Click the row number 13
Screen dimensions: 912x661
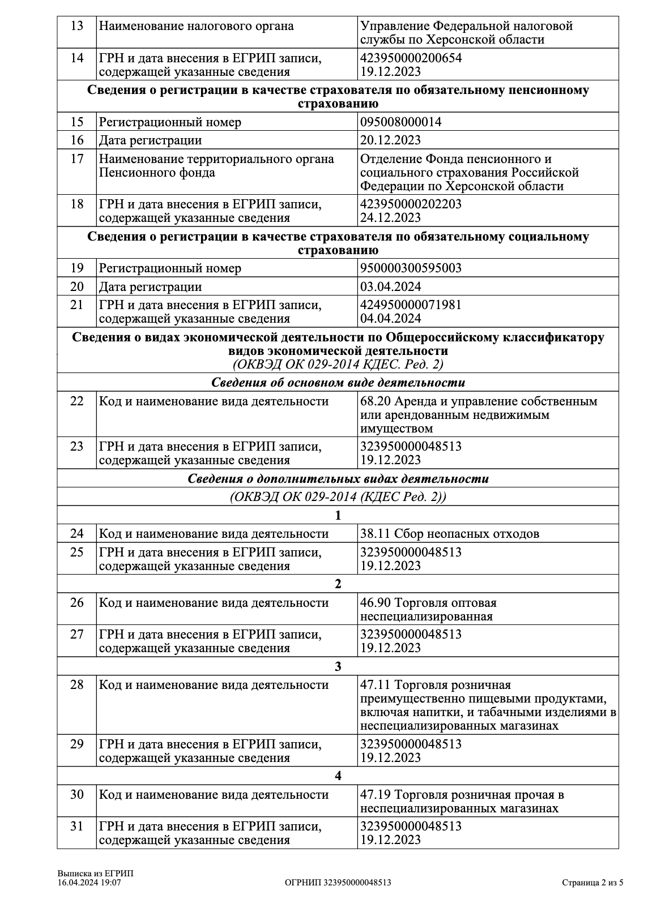[77, 26]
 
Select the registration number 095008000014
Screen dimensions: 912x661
[401, 122]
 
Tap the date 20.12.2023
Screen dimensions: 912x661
[391, 140]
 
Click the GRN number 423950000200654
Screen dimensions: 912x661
[411, 58]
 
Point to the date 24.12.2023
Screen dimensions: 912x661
[391, 218]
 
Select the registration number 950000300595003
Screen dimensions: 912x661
[411, 268]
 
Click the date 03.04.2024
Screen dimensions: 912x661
[391, 286]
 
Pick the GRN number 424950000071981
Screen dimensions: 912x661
[411, 305]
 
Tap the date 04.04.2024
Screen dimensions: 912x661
[391, 318]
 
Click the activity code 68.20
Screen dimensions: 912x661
[376, 401]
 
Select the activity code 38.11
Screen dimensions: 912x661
[376, 533]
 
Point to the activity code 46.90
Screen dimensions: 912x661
[376, 603]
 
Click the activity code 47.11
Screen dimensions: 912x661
[376, 685]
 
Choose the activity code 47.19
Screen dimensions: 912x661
[376, 795]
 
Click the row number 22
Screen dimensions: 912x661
[77, 401]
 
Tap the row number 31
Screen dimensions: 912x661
[77, 827]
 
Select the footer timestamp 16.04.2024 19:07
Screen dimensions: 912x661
[89, 883]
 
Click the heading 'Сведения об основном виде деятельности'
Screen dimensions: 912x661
[338, 383]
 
